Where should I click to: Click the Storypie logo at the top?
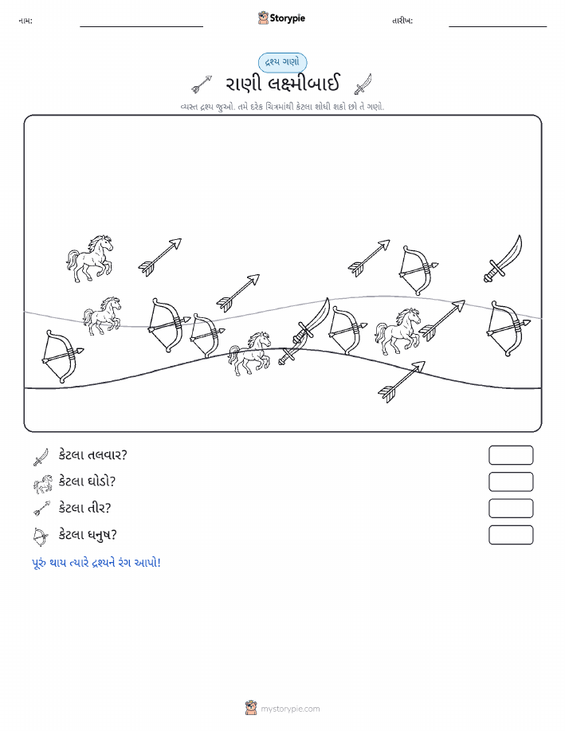[x=281, y=18]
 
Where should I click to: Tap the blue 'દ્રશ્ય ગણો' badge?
[x=282, y=62]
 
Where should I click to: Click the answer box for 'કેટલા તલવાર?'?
[x=511, y=455]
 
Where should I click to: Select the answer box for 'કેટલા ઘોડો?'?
[x=511, y=481]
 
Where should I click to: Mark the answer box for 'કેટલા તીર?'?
[x=511, y=508]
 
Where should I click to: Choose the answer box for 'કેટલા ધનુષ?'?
[x=511, y=535]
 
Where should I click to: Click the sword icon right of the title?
[x=363, y=84]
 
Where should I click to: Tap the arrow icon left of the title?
[x=202, y=84]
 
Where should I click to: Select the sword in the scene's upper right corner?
[x=503, y=259]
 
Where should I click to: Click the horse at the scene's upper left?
[x=89, y=258]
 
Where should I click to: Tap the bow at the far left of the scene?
[x=62, y=356]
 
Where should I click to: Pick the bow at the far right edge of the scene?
[x=508, y=328]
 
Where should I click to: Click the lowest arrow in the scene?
[x=402, y=382]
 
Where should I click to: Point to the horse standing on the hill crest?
[x=249, y=353]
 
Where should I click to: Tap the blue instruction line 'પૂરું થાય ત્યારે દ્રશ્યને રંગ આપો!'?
[x=96, y=563]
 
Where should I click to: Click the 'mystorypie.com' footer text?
[x=290, y=709]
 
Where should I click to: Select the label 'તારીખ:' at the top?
[x=402, y=21]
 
